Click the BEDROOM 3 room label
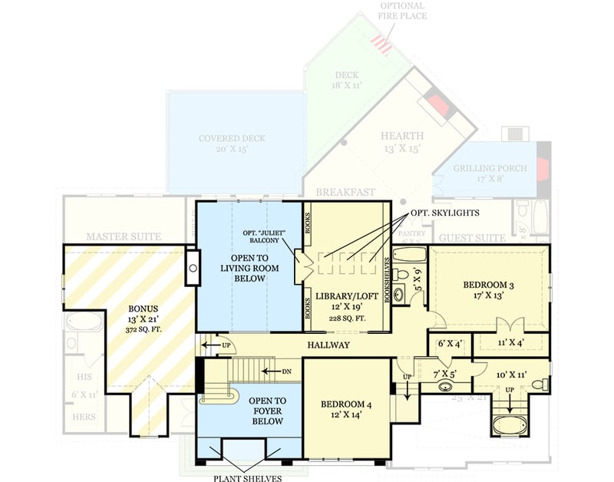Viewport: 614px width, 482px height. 488,286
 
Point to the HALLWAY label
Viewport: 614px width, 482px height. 328,345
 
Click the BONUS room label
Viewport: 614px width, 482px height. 140,309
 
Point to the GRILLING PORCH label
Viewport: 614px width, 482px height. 488,169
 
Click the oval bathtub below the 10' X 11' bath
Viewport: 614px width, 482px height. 507,424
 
